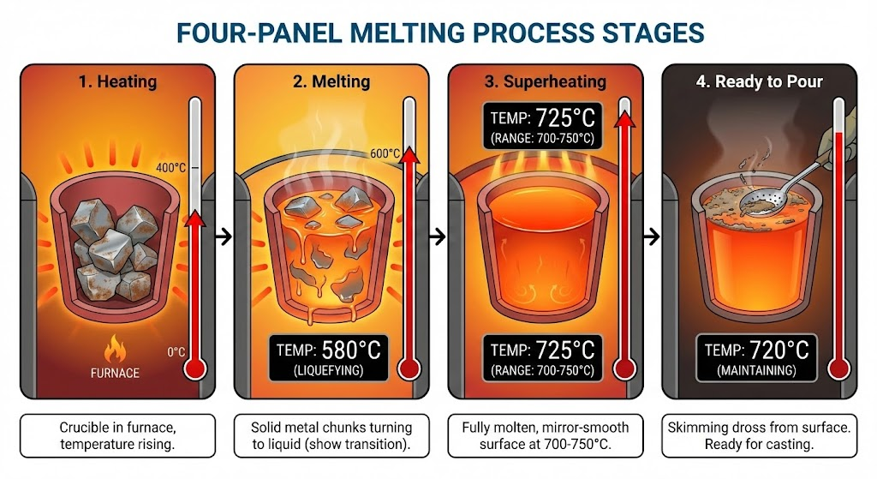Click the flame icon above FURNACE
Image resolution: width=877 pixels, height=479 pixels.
tap(115, 349)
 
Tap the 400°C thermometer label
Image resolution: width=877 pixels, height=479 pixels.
tap(170, 167)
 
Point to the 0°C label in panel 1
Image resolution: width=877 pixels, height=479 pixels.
tap(176, 352)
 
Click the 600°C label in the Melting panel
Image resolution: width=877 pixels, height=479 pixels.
tap(385, 153)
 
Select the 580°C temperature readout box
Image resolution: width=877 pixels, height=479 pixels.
tap(328, 357)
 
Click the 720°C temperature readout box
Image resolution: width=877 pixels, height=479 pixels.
tap(756, 357)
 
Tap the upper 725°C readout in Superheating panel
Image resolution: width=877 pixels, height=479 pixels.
tap(542, 126)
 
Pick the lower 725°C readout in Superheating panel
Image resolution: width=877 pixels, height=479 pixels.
tap(542, 357)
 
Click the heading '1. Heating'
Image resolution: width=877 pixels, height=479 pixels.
tap(117, 81)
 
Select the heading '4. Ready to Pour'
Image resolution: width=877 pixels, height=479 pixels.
tap(759, 81)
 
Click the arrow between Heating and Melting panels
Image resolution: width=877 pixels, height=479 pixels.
tap(224, 237)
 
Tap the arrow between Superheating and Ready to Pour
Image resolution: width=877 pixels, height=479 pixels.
tap(652, 237)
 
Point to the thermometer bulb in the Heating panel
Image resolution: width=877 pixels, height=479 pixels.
tap(194, 369)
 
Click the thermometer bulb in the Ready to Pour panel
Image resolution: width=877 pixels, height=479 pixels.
tap(838, 369)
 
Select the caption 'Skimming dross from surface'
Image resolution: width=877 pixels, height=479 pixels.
tap(759, 428)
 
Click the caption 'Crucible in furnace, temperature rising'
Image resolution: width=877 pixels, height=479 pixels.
tap(117, 436)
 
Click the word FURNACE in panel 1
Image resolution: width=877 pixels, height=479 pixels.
tap(115, 373)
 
